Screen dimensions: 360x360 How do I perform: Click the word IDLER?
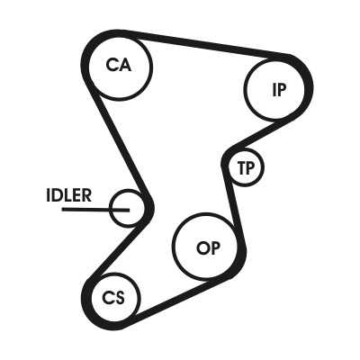(x=68, y=195)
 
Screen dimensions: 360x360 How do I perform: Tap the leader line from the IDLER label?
(x=95, y=210)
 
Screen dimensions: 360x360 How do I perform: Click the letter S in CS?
(x=120, y=299)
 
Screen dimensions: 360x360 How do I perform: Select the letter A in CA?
(x=125, y=65)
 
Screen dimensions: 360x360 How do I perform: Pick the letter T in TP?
(x=241, y=168)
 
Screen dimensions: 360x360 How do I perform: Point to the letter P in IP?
(x=282, y=90)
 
